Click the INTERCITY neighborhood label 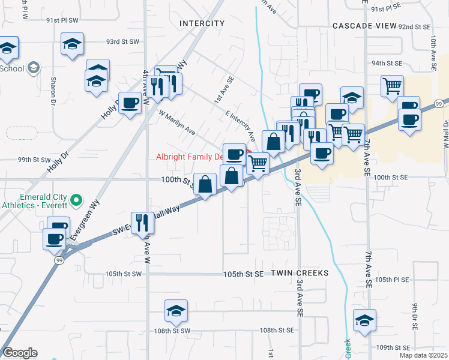202,23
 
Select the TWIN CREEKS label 300,273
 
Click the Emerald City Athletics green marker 76,199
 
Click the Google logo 20,353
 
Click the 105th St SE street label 243,274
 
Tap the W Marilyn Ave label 177,122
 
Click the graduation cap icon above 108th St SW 176,310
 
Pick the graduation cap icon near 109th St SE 364,320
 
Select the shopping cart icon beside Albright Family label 258,162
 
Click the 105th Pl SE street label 391,280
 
